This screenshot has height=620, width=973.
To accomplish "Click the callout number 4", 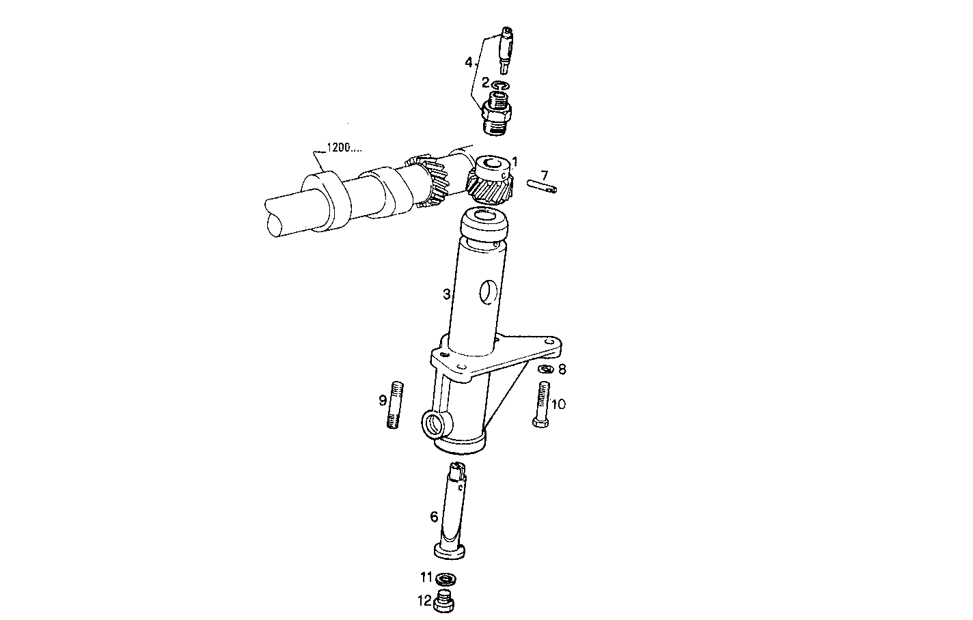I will (469, 63).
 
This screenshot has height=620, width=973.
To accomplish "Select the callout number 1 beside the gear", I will (514, 163).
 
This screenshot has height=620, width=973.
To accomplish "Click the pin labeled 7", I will (543, 185).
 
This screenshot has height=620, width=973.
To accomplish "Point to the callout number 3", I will (446, 294).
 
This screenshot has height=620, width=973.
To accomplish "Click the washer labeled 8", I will (545, 369).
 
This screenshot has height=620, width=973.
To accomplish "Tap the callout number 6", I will (434, 517).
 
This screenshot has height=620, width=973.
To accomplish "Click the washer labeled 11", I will (448, 580).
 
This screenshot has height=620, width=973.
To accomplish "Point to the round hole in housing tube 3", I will (489, 292).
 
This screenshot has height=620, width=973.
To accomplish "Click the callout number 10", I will (558, 404).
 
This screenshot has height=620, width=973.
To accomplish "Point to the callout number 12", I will (424, 602).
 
